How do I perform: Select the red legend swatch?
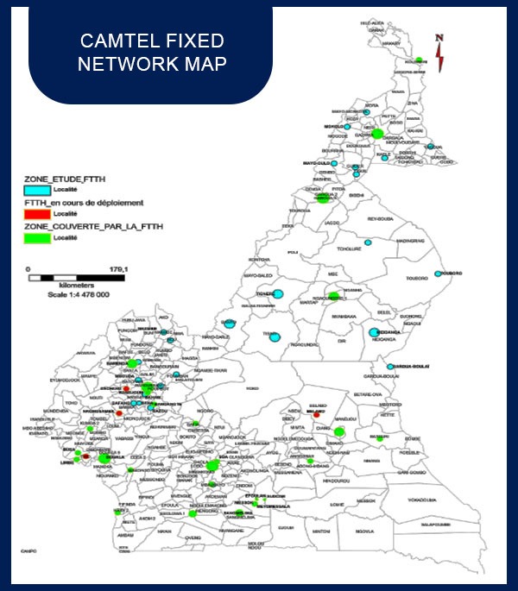[37, 212]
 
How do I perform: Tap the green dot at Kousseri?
[419, 60]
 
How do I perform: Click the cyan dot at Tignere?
[277, 293]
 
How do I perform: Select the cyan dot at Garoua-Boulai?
[390, 367]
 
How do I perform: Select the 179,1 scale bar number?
[118, 269]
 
